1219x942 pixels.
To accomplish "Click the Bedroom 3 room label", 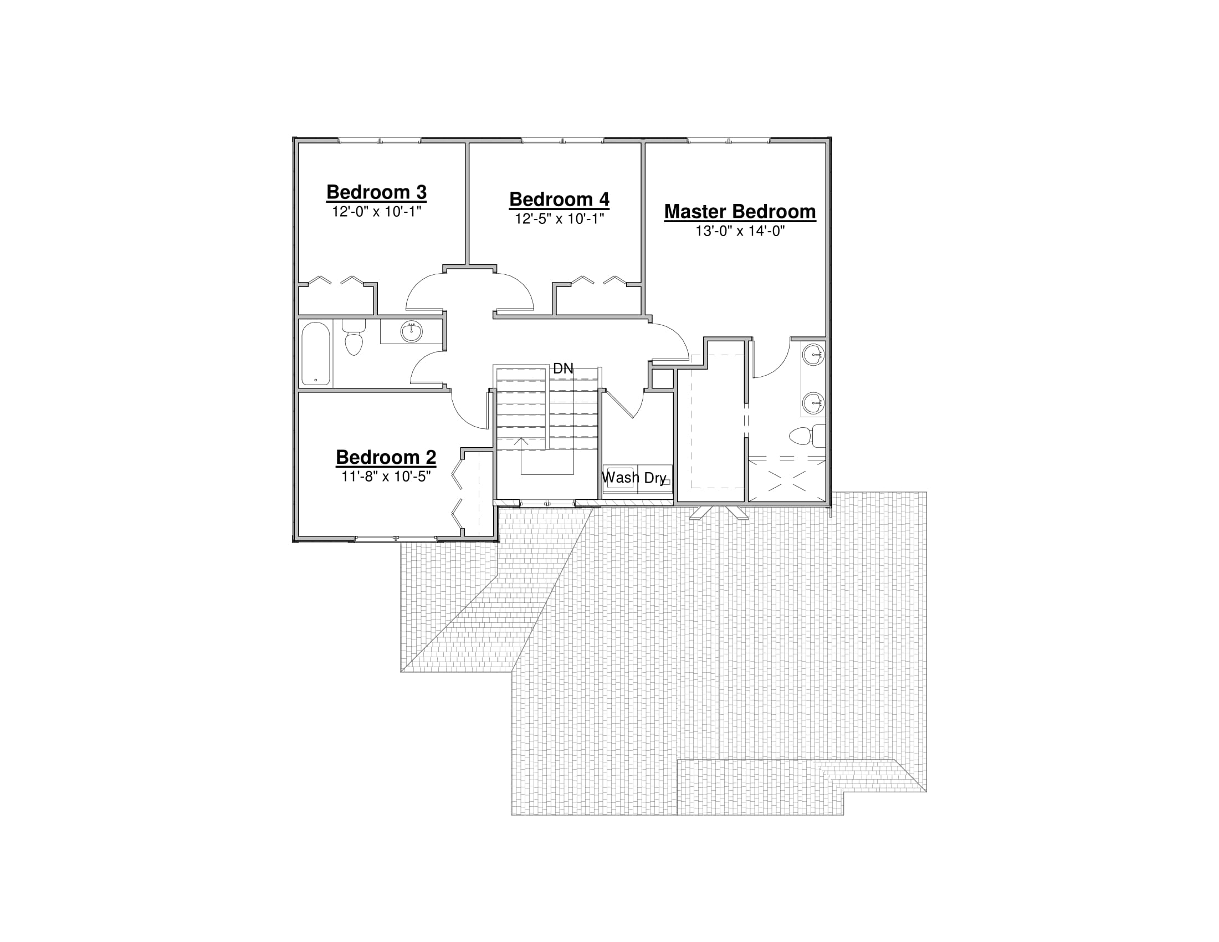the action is (376, 192).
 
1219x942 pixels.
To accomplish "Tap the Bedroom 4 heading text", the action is (559, 199).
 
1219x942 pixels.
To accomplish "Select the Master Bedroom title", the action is (740, 212).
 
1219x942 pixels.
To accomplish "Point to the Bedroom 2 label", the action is (386, 457).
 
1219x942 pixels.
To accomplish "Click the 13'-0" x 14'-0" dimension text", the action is (740, 231).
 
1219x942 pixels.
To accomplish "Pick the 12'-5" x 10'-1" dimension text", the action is (559, 219).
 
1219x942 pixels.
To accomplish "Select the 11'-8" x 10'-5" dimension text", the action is (386, 477).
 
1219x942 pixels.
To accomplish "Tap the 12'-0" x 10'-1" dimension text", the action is (376, 212).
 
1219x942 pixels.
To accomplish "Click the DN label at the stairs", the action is (563, 368).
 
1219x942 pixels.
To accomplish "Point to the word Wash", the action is (621, 478).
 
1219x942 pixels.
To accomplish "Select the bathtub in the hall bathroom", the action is (316, 354).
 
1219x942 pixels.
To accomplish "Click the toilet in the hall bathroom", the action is (354, 337).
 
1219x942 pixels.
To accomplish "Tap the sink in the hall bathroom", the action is (411, 331).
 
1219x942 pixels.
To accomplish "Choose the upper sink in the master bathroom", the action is (814, 355).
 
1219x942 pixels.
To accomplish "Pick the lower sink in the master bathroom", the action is (814, 402).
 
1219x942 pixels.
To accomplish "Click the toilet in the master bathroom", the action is (807, 436).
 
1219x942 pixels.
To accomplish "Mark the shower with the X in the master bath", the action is (786, 480).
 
